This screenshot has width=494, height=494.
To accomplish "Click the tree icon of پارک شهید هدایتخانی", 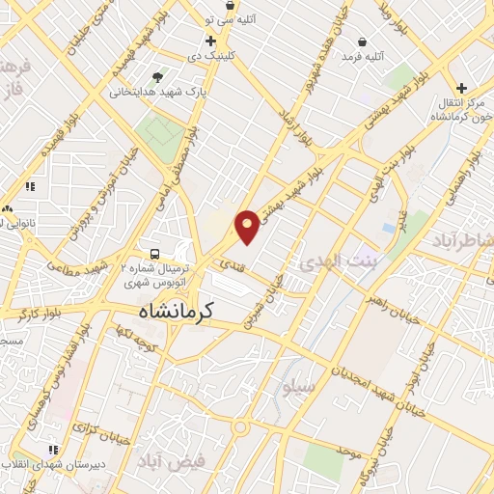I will [x=157, y=77].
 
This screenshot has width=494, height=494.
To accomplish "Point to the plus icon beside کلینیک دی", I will [x=210, y=41].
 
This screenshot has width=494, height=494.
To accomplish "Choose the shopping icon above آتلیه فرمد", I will [x=361, y=42].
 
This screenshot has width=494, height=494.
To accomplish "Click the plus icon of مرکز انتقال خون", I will [x=461, y=88].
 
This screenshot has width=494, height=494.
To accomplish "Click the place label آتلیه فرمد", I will [x=362, y=58].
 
